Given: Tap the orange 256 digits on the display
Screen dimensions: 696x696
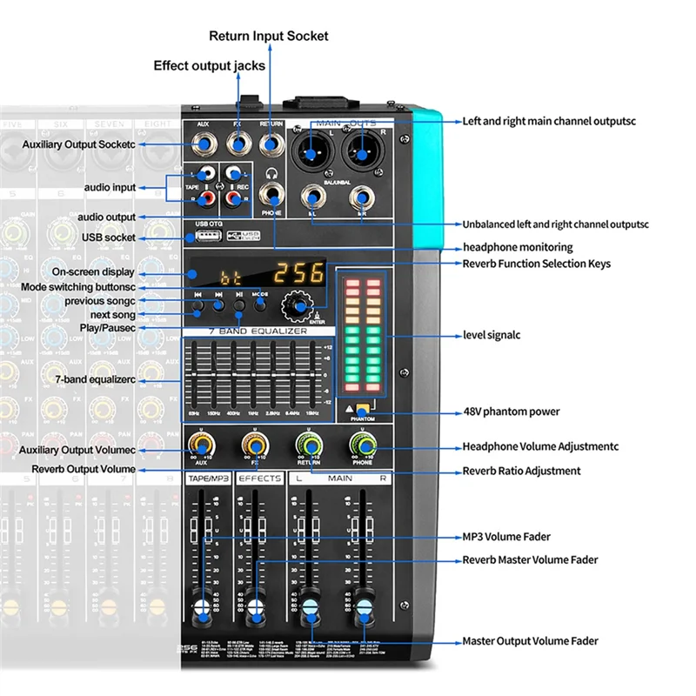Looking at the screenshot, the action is click(295, 272).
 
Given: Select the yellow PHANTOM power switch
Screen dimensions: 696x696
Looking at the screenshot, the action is click(363, 405).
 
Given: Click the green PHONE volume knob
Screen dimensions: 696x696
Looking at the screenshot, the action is click(363, 446).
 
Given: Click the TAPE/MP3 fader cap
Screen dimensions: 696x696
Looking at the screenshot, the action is click(204, 607).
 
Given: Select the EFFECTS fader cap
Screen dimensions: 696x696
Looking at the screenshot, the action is click(255, 607).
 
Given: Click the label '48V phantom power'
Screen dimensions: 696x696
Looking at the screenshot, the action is click(511, 412).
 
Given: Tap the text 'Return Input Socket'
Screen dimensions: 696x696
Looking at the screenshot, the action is click(269, 36).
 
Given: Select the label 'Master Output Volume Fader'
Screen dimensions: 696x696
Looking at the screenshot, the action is click(530, 641).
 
